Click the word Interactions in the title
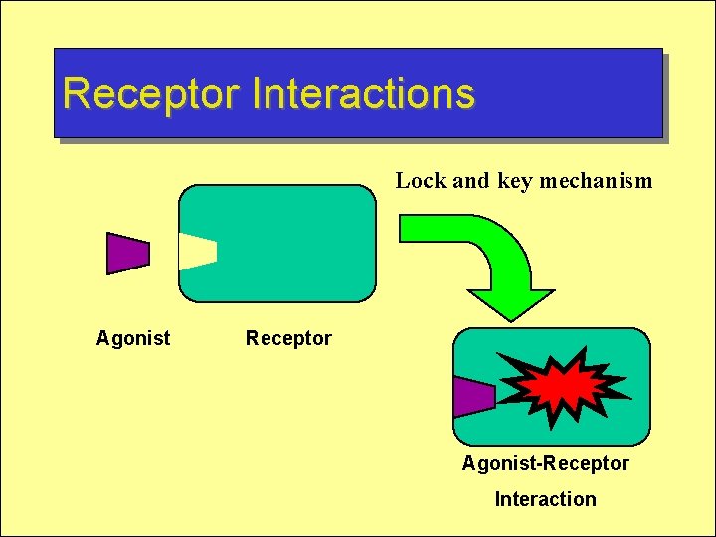(x=363, y=93)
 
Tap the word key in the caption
(x=515, y=181)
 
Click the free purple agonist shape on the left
(x=127, y=253)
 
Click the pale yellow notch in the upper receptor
(x=196, y=252)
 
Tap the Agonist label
(x=132, y=338)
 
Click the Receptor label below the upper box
(x=288, y=338)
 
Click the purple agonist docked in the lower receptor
(x=473, y=397)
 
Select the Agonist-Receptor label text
(x=545, y=463)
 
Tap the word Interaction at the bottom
(x=545, y=499)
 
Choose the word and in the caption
(x=470, y=181)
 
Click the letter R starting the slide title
(x=76, y=93)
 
